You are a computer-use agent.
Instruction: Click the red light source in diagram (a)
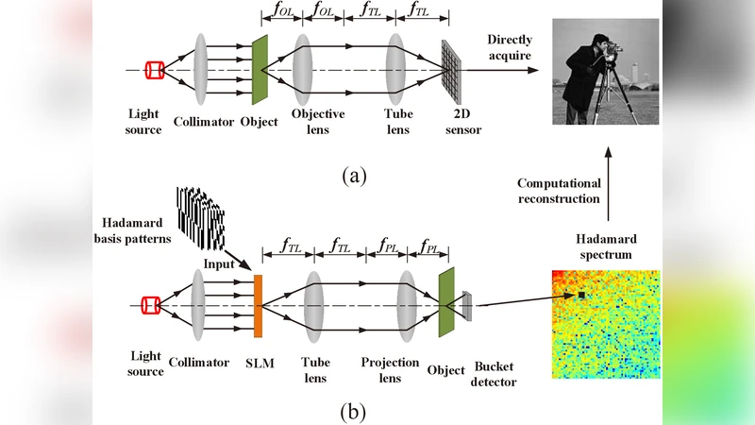[155, 70]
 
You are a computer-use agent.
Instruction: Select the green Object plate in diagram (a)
[258, 71]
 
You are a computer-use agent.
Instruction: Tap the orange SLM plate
[258, 305]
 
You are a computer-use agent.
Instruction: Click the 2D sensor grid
[452, 71]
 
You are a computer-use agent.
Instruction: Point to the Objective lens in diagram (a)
[302, 69]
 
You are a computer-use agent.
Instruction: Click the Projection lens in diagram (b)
[408, 304]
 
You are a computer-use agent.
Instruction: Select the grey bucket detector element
[467, 304]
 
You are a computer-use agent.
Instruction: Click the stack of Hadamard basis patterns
[200, 214]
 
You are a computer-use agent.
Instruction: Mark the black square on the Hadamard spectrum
[582, 297]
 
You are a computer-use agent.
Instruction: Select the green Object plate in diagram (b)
[445, 304]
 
